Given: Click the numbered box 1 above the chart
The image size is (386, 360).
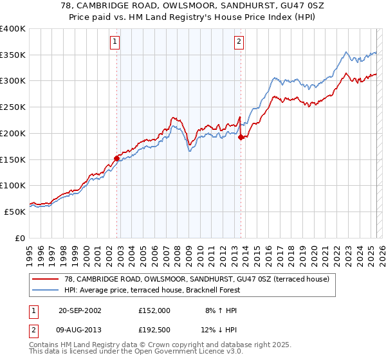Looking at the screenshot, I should tap(115, 42).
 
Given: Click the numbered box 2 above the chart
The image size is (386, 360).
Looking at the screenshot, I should tap(239, 42).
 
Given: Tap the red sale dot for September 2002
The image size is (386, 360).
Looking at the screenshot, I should tap(117, 158).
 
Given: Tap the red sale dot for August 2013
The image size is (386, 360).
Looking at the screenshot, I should tap(241, 137).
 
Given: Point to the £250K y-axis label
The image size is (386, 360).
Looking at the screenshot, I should tap(13, 107).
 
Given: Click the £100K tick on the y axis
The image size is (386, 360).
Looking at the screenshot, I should tap(13, 185).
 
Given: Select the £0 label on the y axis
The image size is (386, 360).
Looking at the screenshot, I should tap(20, 238).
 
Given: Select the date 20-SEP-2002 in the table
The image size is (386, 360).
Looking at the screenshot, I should tap(83, 310).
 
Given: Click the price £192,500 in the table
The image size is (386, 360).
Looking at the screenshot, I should tap(154, 331).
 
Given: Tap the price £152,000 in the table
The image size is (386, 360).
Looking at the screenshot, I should tap(154, 310).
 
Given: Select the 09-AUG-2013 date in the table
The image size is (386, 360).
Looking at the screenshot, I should tap(84, 331).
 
